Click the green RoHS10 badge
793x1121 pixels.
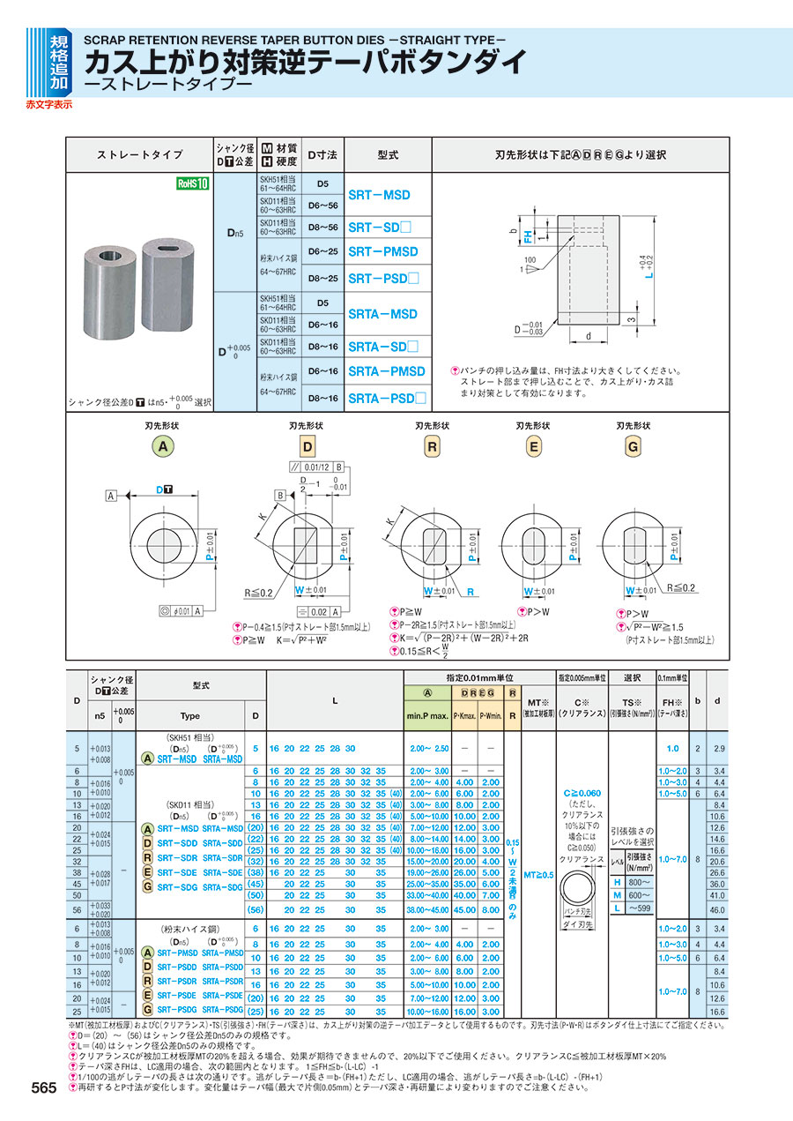(x=192, y=184)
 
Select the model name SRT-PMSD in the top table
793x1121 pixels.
(x=383, y=251)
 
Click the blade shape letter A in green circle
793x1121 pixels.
(x=162, y=446)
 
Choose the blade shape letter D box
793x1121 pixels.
(x=308, y=446)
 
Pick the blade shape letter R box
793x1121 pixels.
(x=433, y=446)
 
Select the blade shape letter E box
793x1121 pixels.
(x=533, y=446)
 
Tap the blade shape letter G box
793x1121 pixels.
(x=633, y=446)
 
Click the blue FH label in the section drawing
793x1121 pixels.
(x=528, y=236)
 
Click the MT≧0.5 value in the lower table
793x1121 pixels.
(x=539, y=875)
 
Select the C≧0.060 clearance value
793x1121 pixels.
(x=582, y=794)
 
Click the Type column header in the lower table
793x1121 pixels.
(x=190, y=716)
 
